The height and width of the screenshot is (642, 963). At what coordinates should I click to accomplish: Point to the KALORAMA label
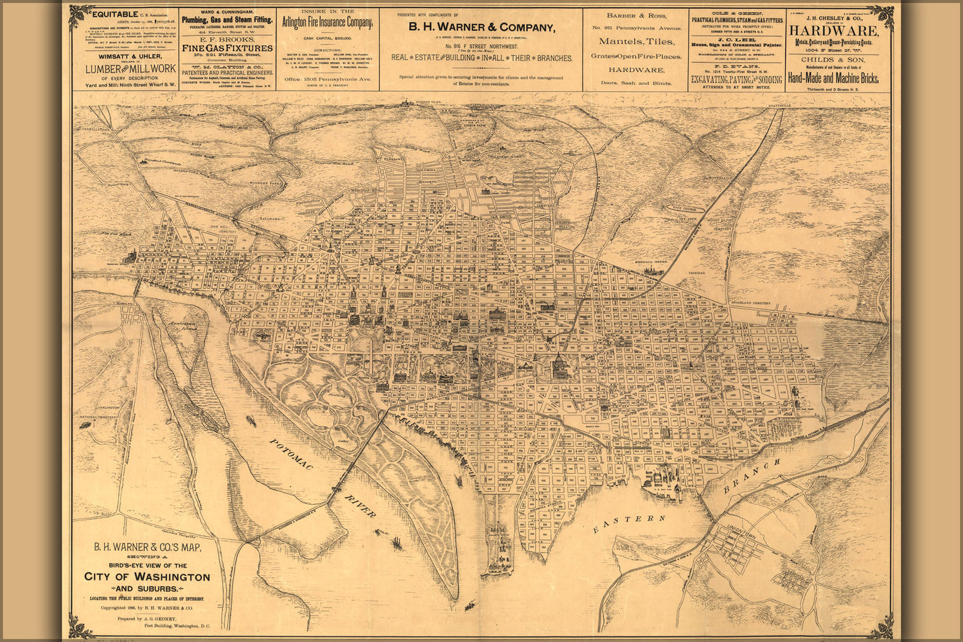[x=270, y=218]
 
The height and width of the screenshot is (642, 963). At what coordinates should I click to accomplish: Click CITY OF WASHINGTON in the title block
[x=147, y=577]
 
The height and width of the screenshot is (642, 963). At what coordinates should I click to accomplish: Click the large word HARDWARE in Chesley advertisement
[x=834, y=31]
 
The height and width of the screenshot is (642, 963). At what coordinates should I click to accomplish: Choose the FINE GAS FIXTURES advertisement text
[x=227, y=48]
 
